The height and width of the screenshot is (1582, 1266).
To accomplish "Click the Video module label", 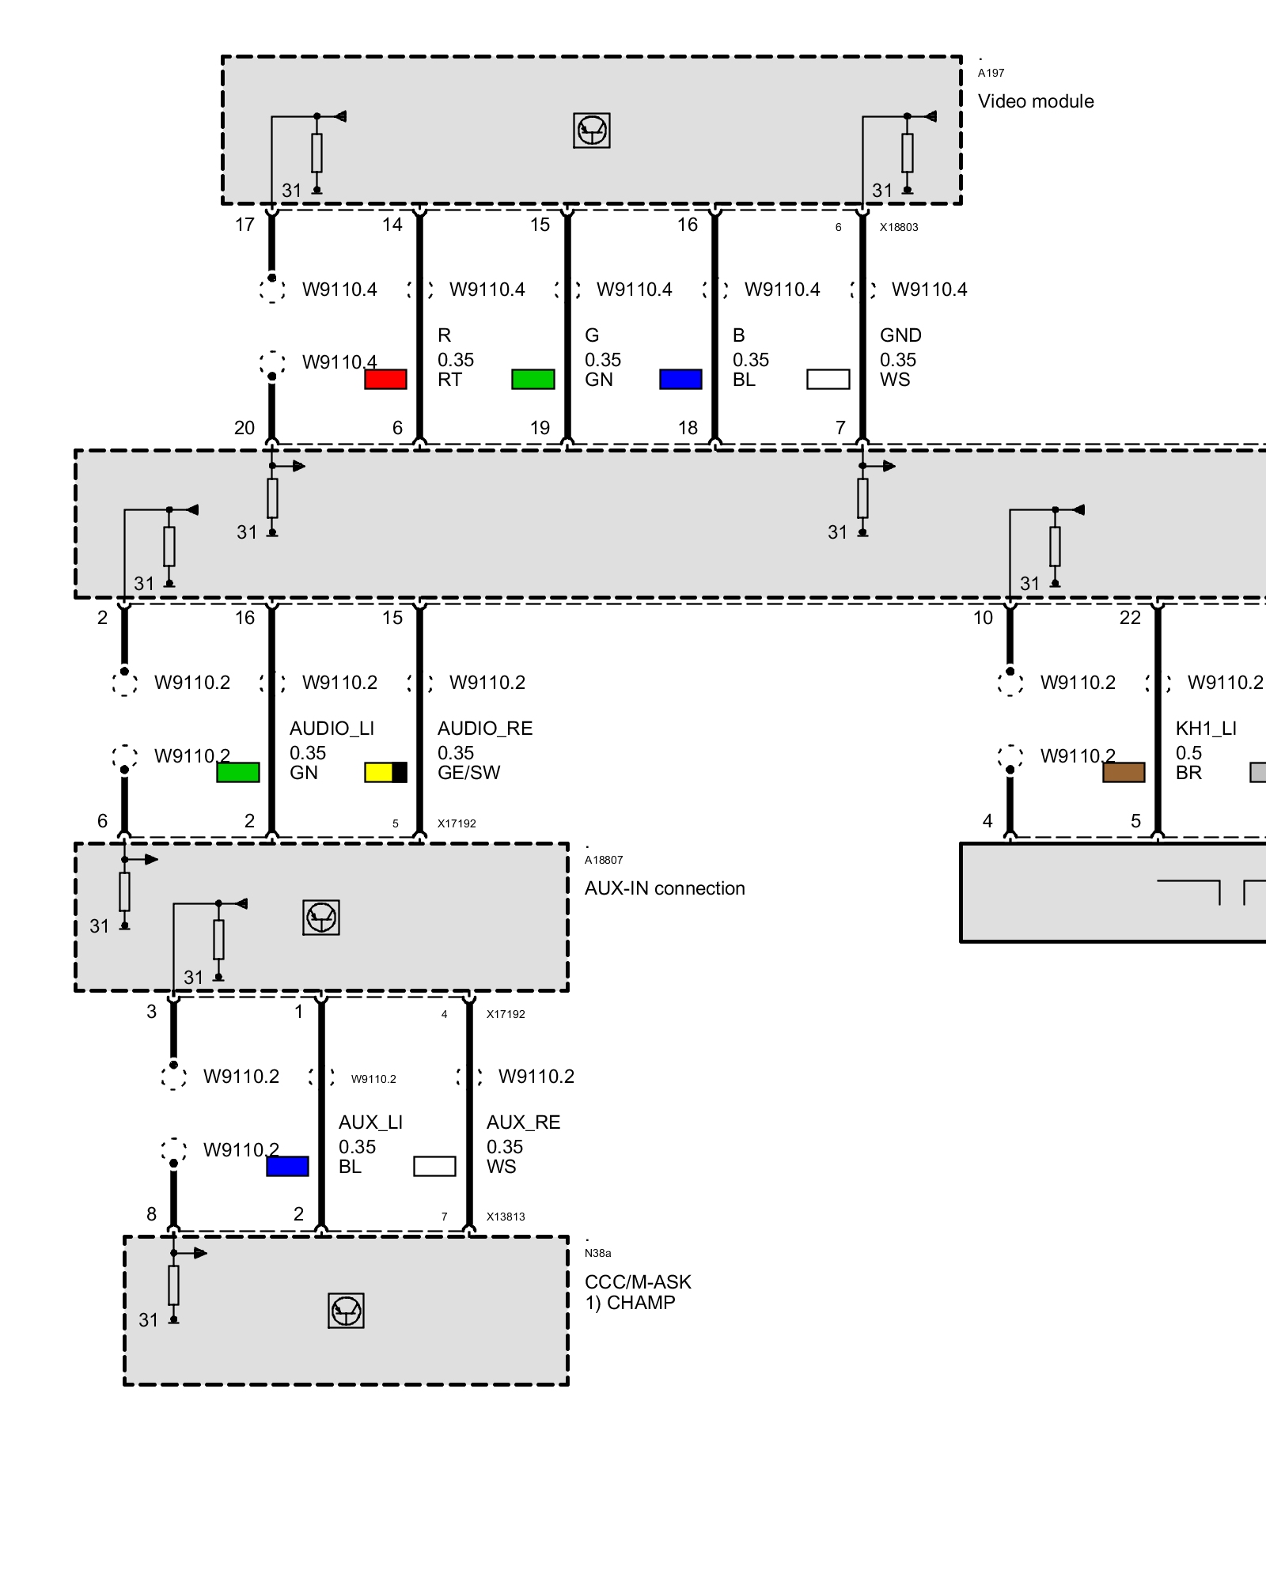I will click(x=1035, y=101).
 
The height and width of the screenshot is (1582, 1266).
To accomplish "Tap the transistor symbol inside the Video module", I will click(x=591, y=131).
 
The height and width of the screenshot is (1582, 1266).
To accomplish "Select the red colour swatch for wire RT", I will click(x=385, y=380).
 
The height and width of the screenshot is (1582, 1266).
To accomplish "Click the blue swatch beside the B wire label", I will click(x=680, y=380).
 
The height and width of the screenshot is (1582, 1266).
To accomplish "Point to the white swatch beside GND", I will click(x=828, y=380).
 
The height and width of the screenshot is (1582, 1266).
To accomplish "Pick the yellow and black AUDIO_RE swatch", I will click(x=385, y=772).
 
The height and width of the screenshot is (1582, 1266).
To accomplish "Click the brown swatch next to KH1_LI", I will click(x=1124, y=772).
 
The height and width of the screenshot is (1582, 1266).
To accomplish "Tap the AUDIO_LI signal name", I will click(x=332, y=729).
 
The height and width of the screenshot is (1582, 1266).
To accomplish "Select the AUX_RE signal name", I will click(x=523, y=1122).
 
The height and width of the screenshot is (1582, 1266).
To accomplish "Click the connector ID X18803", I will click(x=899, y=228).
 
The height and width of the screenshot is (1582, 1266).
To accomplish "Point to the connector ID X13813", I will click(x=506, y=1217).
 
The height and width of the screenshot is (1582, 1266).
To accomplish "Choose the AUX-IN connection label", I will click(x=665, y=888).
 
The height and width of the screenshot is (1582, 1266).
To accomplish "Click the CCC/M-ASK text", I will click(x=638, y=1282).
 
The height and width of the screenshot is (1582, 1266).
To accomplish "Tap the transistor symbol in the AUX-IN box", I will click(x=321, y=918).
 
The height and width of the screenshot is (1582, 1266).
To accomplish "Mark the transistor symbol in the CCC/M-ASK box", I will click(x=346, y=1311).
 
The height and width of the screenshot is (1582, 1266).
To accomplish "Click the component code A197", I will click(x=991, y=74).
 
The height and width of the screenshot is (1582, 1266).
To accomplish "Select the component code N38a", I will click(x=597, y=1253).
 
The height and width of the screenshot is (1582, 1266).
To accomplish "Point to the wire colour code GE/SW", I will click(x=468, y=773).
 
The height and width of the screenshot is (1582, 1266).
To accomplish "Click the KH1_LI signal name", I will click(x=1206, y=729).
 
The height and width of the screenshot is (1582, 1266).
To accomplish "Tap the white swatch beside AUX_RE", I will click(x=434, y=1166).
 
